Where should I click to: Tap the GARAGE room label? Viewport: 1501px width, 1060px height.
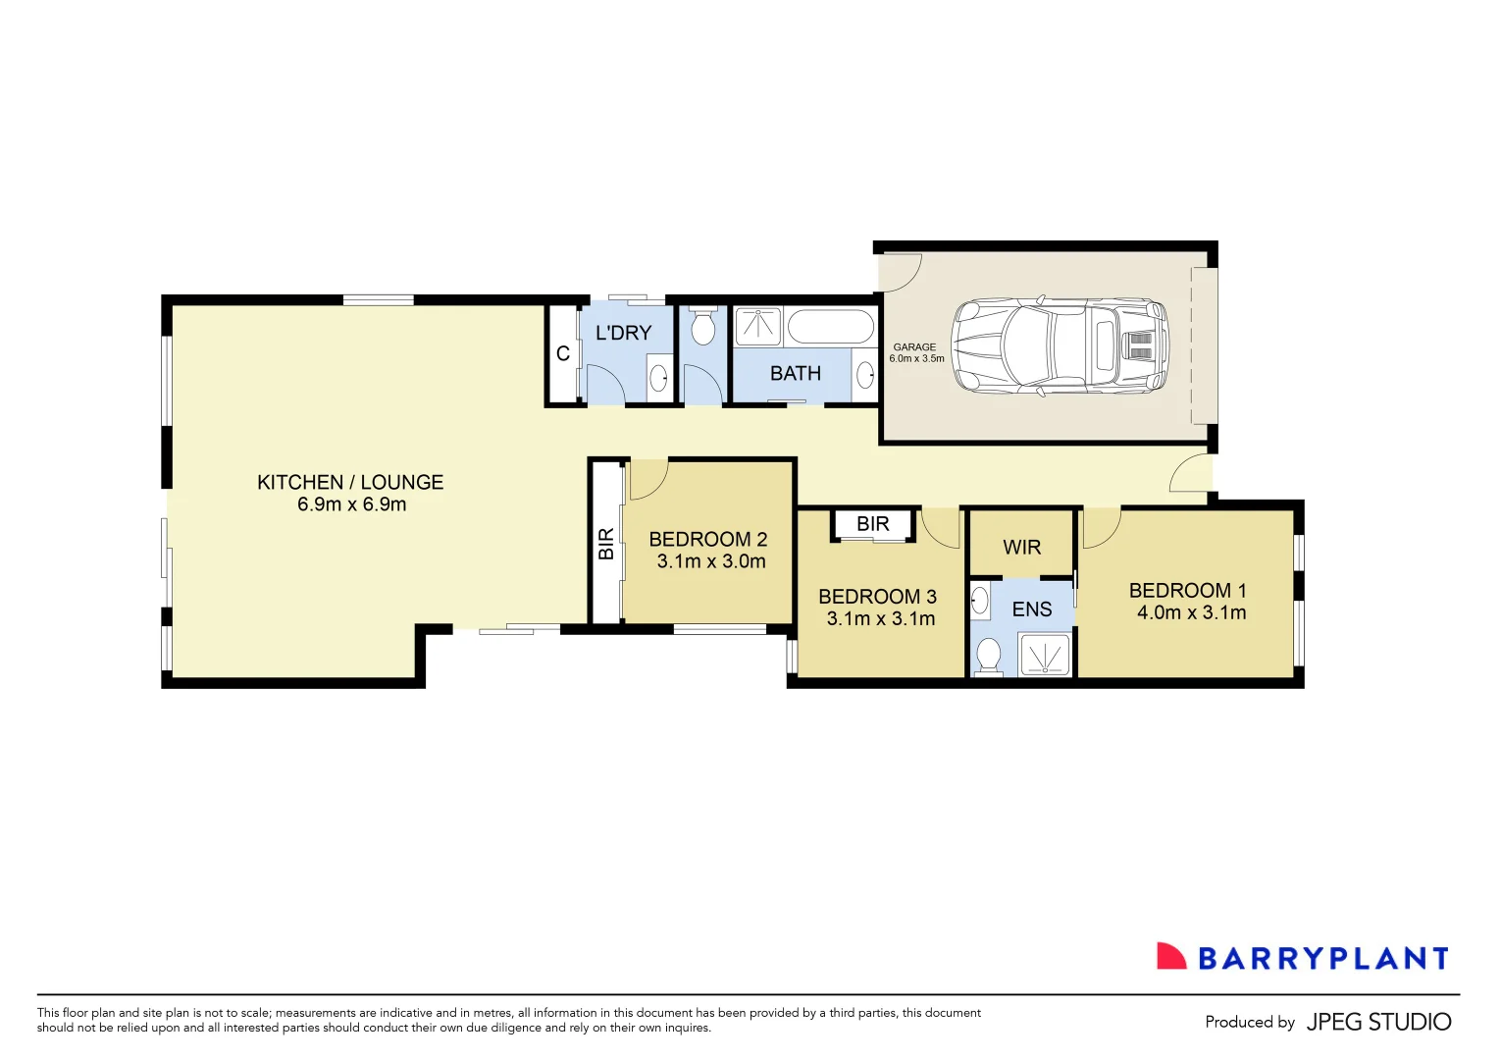pos(914,346)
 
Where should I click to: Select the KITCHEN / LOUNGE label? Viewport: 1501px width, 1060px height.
pos(350,482)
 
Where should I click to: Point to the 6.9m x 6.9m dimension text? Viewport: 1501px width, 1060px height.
pos(351,504)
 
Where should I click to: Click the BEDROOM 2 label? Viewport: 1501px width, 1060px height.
pos(707,539)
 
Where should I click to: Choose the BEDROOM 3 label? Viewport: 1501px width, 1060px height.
pos(877,597)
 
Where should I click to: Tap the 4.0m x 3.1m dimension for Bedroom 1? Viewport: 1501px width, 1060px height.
pos(1191,612)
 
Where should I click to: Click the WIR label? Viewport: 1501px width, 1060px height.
pos(1021,548)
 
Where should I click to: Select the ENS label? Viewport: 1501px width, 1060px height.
pos(1031,609)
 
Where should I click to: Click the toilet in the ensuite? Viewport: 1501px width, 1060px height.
pos(989,655)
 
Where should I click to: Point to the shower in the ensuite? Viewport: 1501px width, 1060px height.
pos(1045,655)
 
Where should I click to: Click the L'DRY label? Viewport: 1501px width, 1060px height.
pos(623,333)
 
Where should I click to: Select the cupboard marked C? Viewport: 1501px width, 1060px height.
pos(563,354)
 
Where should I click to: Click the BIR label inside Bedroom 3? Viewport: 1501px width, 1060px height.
pos(872,524)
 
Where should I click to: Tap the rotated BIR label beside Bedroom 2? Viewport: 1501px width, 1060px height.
pos(606,543)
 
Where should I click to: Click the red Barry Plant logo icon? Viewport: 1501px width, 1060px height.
pos(1170,957)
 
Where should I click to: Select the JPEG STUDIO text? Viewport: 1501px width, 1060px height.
pos(1378,1022)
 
